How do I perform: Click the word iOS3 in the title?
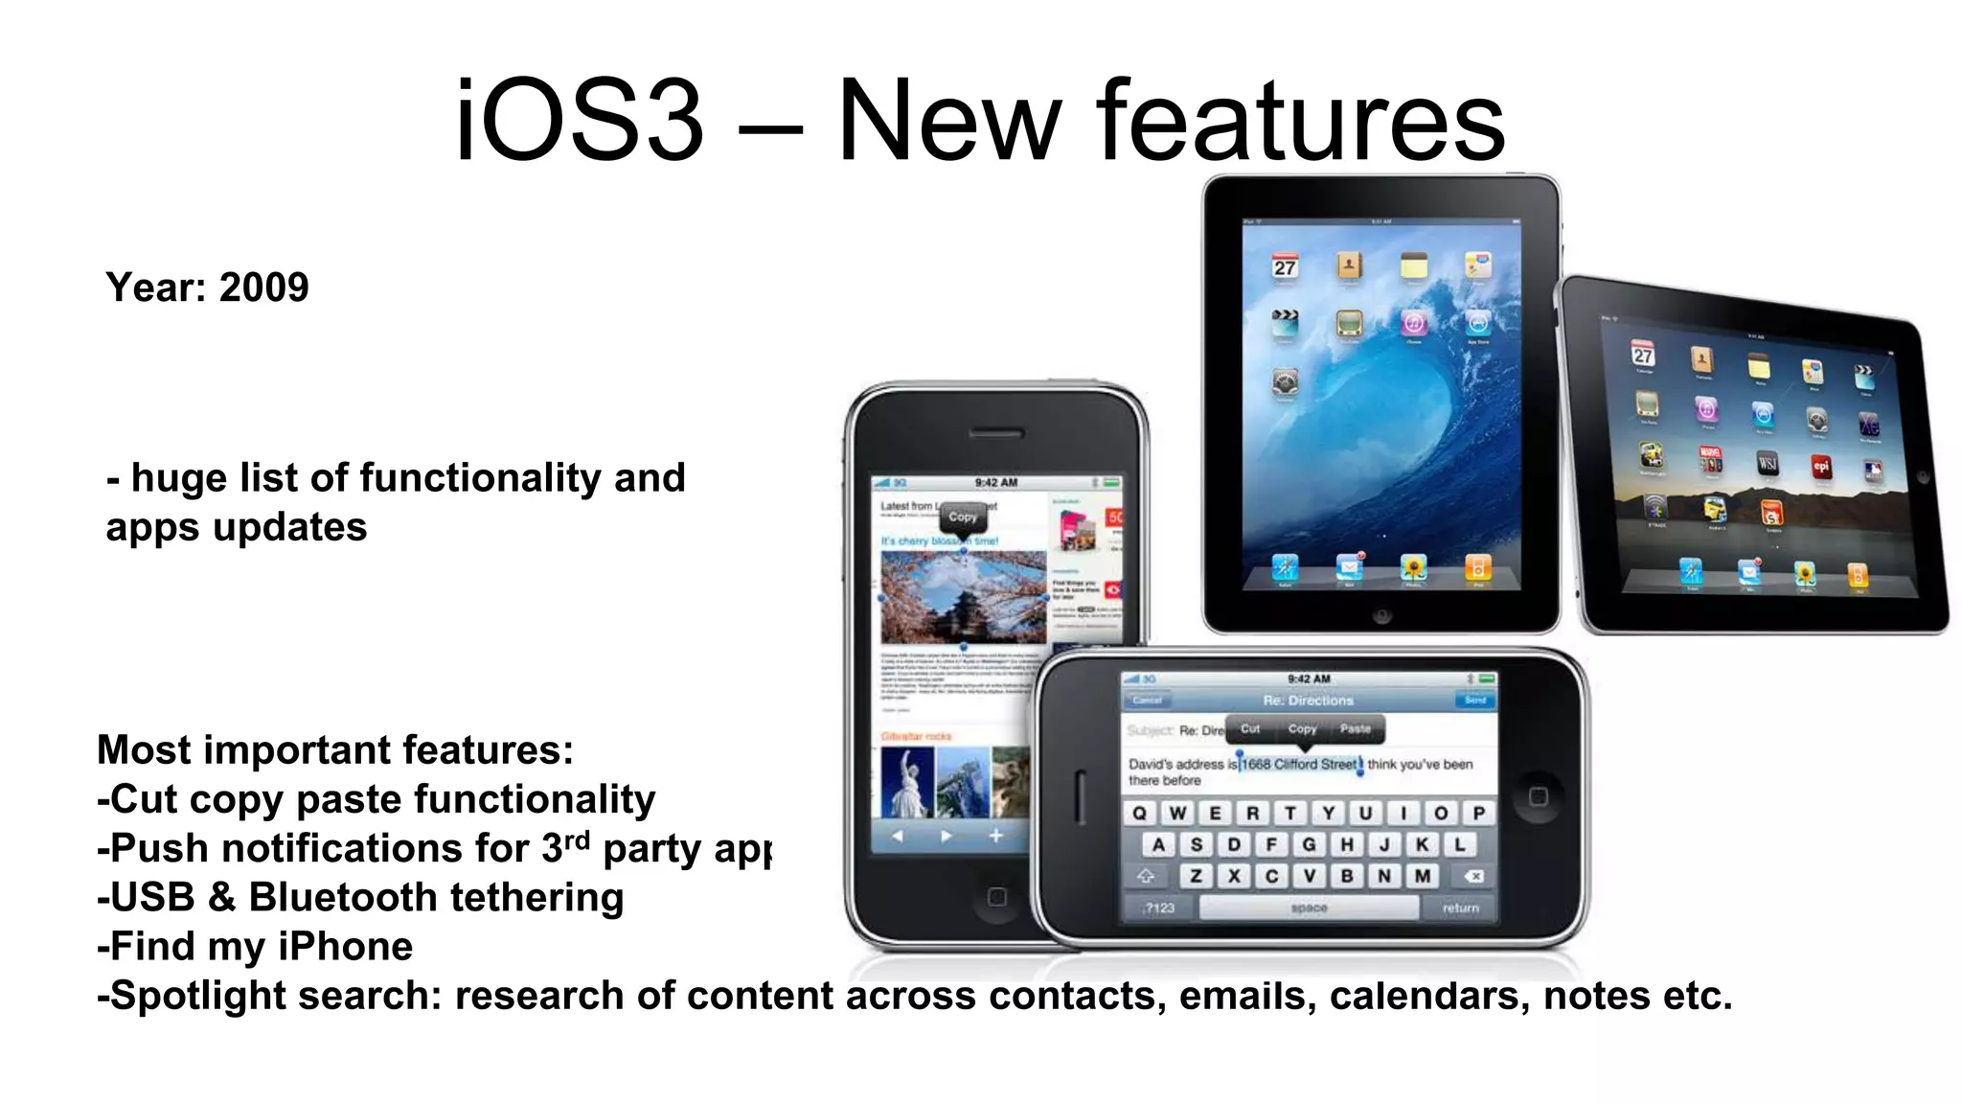(579, 123)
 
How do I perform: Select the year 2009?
(263, 287)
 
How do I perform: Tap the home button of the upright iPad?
(1380, 615)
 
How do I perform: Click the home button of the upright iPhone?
(996, 897)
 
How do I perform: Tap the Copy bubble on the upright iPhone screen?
(963, 517)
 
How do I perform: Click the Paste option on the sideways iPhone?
(1355, 729)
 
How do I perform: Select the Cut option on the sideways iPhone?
(1250, 729)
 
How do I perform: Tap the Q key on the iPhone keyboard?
(1139, 814)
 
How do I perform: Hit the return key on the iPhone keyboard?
(1460, 908)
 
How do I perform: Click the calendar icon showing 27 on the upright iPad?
(1285, 266)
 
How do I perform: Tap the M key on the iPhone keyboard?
(1423, 876)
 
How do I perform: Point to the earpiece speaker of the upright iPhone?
(995, 433)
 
